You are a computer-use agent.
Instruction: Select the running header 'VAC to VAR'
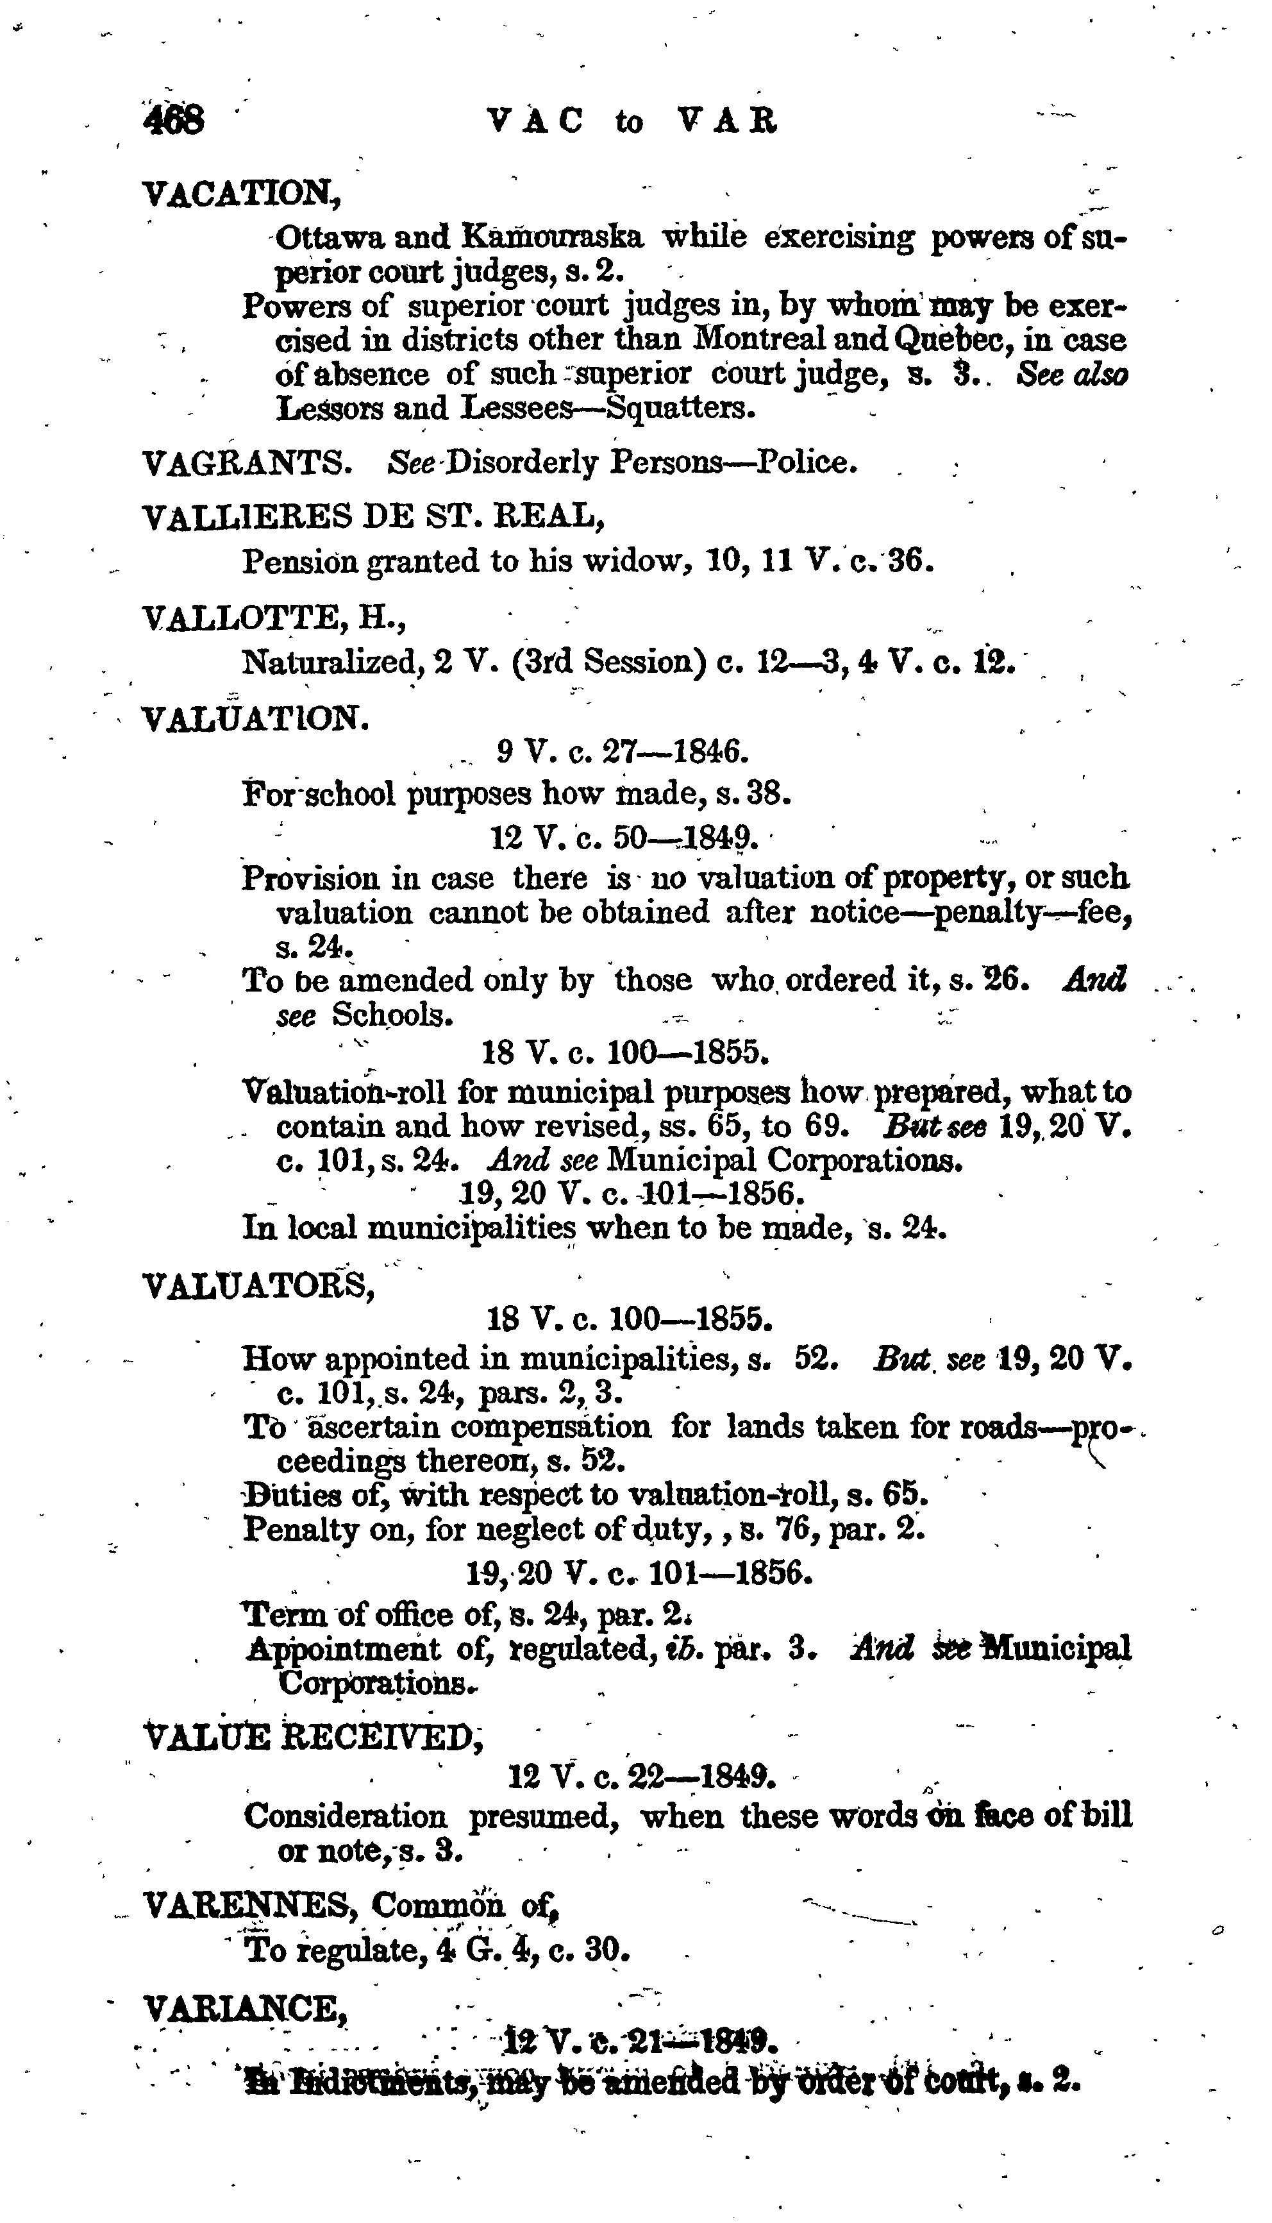(632, 121)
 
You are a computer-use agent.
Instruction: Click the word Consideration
(345, 1816)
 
